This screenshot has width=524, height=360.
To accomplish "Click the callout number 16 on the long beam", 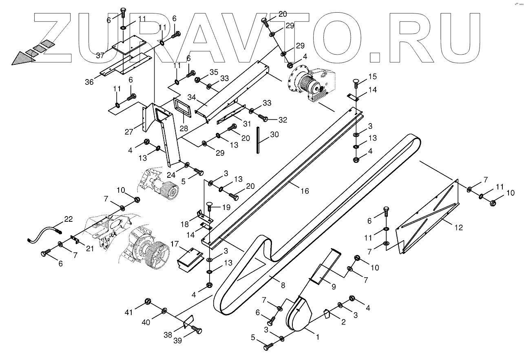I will pyautogui.click(x=305, y=191).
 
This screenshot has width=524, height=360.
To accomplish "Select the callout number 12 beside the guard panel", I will pyautogui.click(x=459, y=227).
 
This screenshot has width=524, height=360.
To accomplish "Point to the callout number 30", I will pyautogui.click(x=274, y=134).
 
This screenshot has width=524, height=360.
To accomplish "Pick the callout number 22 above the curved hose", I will pyautogui.click(x=68, y=220).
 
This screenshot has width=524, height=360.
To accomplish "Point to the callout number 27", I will pyautogui.click(x=129, y=131).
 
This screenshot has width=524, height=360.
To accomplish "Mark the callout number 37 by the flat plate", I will pyautogui.click(x=101, y=55).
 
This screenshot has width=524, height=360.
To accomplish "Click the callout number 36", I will pyautogui.click(x=89, y=82).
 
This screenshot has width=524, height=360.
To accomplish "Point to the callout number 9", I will pyautogui.click(x=334, y=287).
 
